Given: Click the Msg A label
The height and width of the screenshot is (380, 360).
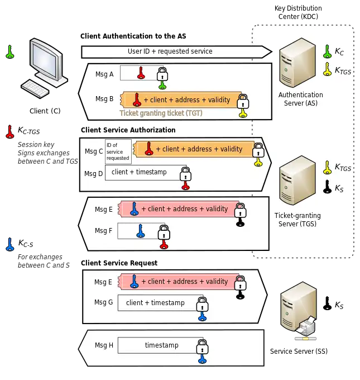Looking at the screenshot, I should click(104, 74).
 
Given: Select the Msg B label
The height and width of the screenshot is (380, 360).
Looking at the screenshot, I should click(104, 99).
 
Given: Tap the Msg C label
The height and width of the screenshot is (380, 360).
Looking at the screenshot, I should click(94, 151).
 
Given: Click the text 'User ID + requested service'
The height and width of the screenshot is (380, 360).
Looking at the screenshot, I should click(170, 51).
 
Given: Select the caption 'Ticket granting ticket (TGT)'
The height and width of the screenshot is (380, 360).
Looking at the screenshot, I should click(161, 113).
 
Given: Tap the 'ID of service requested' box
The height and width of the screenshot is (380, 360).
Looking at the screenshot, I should click(118, 151).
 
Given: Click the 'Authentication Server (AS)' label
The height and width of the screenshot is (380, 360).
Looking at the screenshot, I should click(300, 99).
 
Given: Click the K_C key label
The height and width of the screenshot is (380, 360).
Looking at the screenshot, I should click(339, 52).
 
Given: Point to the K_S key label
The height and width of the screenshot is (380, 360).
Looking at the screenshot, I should click(339, 189).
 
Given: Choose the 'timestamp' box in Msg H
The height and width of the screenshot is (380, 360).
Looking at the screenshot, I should click(161, 345).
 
